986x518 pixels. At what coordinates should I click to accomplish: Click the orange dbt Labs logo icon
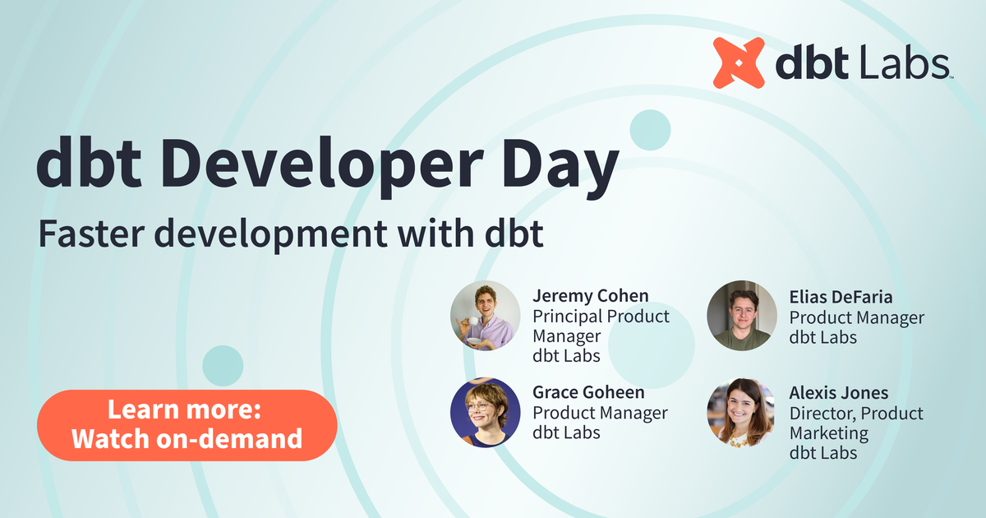[x=739, y=62]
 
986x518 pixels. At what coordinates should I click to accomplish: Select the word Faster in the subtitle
[x=91, y=234]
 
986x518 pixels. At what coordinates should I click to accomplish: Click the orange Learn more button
[x=187, y=425]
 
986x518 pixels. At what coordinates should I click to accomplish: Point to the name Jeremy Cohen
[x=590, y=295]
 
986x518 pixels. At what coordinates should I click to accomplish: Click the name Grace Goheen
[x=588, y=392]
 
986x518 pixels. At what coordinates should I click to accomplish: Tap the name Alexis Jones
[x=838, y=392]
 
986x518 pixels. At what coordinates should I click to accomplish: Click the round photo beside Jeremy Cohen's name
[x=484, y=317]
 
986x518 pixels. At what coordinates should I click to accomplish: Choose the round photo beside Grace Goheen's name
[x=485, y=412]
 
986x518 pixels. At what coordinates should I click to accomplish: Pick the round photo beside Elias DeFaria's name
[x=741, y=316]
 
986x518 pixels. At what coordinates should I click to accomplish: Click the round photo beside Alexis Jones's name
[x=740, y=413]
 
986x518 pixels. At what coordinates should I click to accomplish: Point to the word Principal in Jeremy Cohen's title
[x=567, y=316]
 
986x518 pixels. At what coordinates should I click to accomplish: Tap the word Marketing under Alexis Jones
[x=828, y=432]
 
